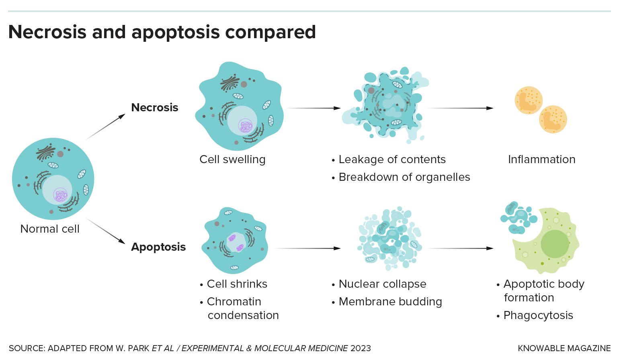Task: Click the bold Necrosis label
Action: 155,108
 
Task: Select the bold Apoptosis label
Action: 158,247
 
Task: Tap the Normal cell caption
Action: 50,229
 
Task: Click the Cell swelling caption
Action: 232,160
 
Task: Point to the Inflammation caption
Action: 541,160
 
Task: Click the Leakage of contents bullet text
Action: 392,160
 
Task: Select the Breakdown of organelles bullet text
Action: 404,177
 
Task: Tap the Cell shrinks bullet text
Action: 237,284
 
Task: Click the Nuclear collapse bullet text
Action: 382,284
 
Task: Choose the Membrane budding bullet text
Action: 390,302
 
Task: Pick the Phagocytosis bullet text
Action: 538,315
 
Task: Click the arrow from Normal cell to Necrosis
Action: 105,127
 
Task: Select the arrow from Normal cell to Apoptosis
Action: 105,231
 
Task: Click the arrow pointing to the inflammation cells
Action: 460,108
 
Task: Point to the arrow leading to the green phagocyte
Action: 460,248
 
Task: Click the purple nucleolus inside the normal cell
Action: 61,195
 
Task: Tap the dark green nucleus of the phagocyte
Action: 555,244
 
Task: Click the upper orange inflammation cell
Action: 529,100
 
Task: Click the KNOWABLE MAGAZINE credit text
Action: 564,348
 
